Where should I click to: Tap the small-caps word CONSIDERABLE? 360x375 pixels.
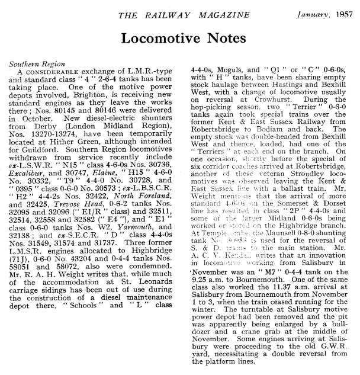pos(50,72)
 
